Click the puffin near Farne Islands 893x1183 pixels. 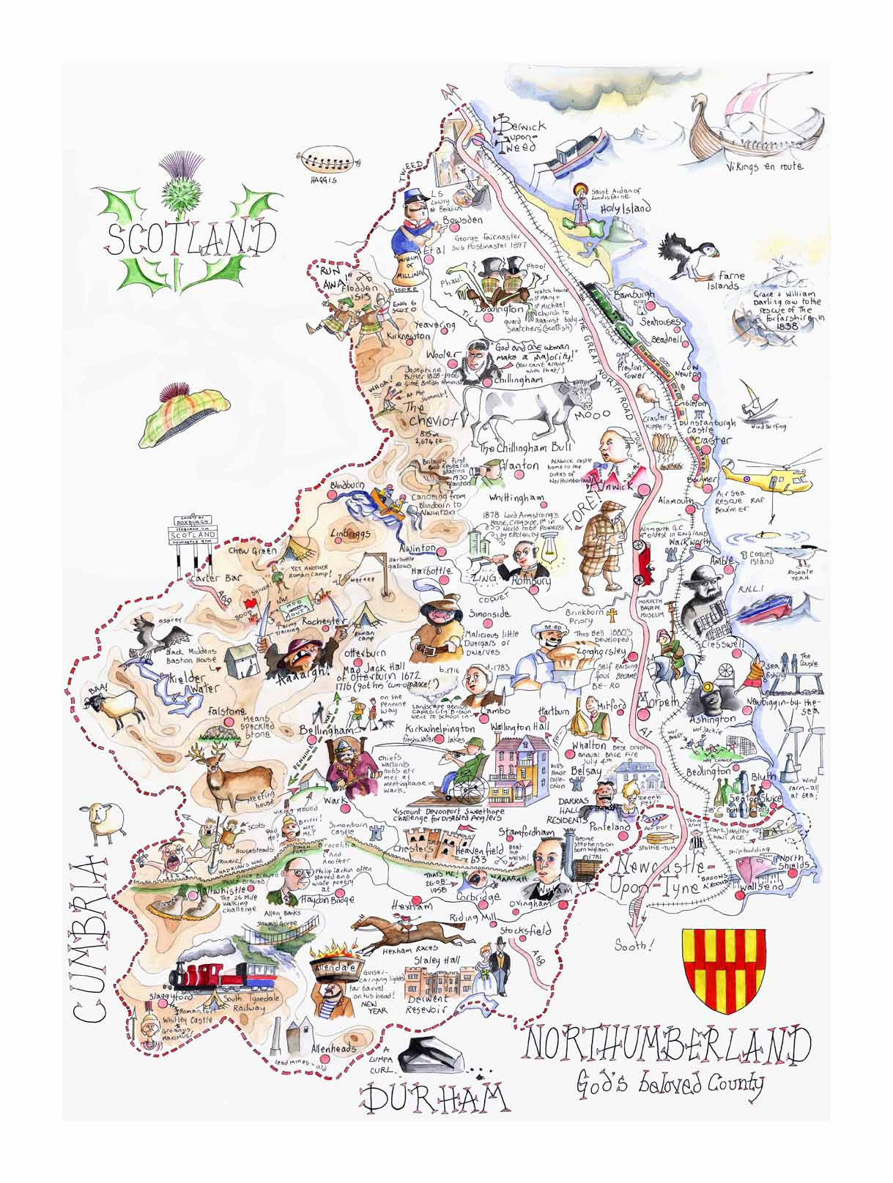[688, 257]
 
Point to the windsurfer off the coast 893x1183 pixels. [755, 403]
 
